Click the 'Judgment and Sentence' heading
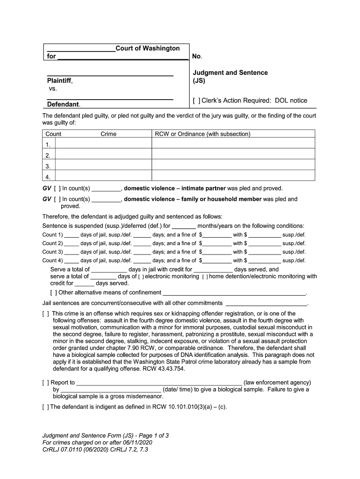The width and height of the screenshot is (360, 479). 230,73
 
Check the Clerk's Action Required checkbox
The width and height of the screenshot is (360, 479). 197,101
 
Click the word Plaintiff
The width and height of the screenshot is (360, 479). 59,81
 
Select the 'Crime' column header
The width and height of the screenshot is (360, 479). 108,134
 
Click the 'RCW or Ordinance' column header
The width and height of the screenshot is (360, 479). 202,134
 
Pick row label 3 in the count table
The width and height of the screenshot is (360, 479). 48,167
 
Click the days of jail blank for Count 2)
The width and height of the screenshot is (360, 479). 72,244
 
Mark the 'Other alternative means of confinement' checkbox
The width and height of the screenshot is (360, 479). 53,293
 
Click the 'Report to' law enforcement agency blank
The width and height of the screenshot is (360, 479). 159,383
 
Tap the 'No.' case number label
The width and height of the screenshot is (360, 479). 197,57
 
